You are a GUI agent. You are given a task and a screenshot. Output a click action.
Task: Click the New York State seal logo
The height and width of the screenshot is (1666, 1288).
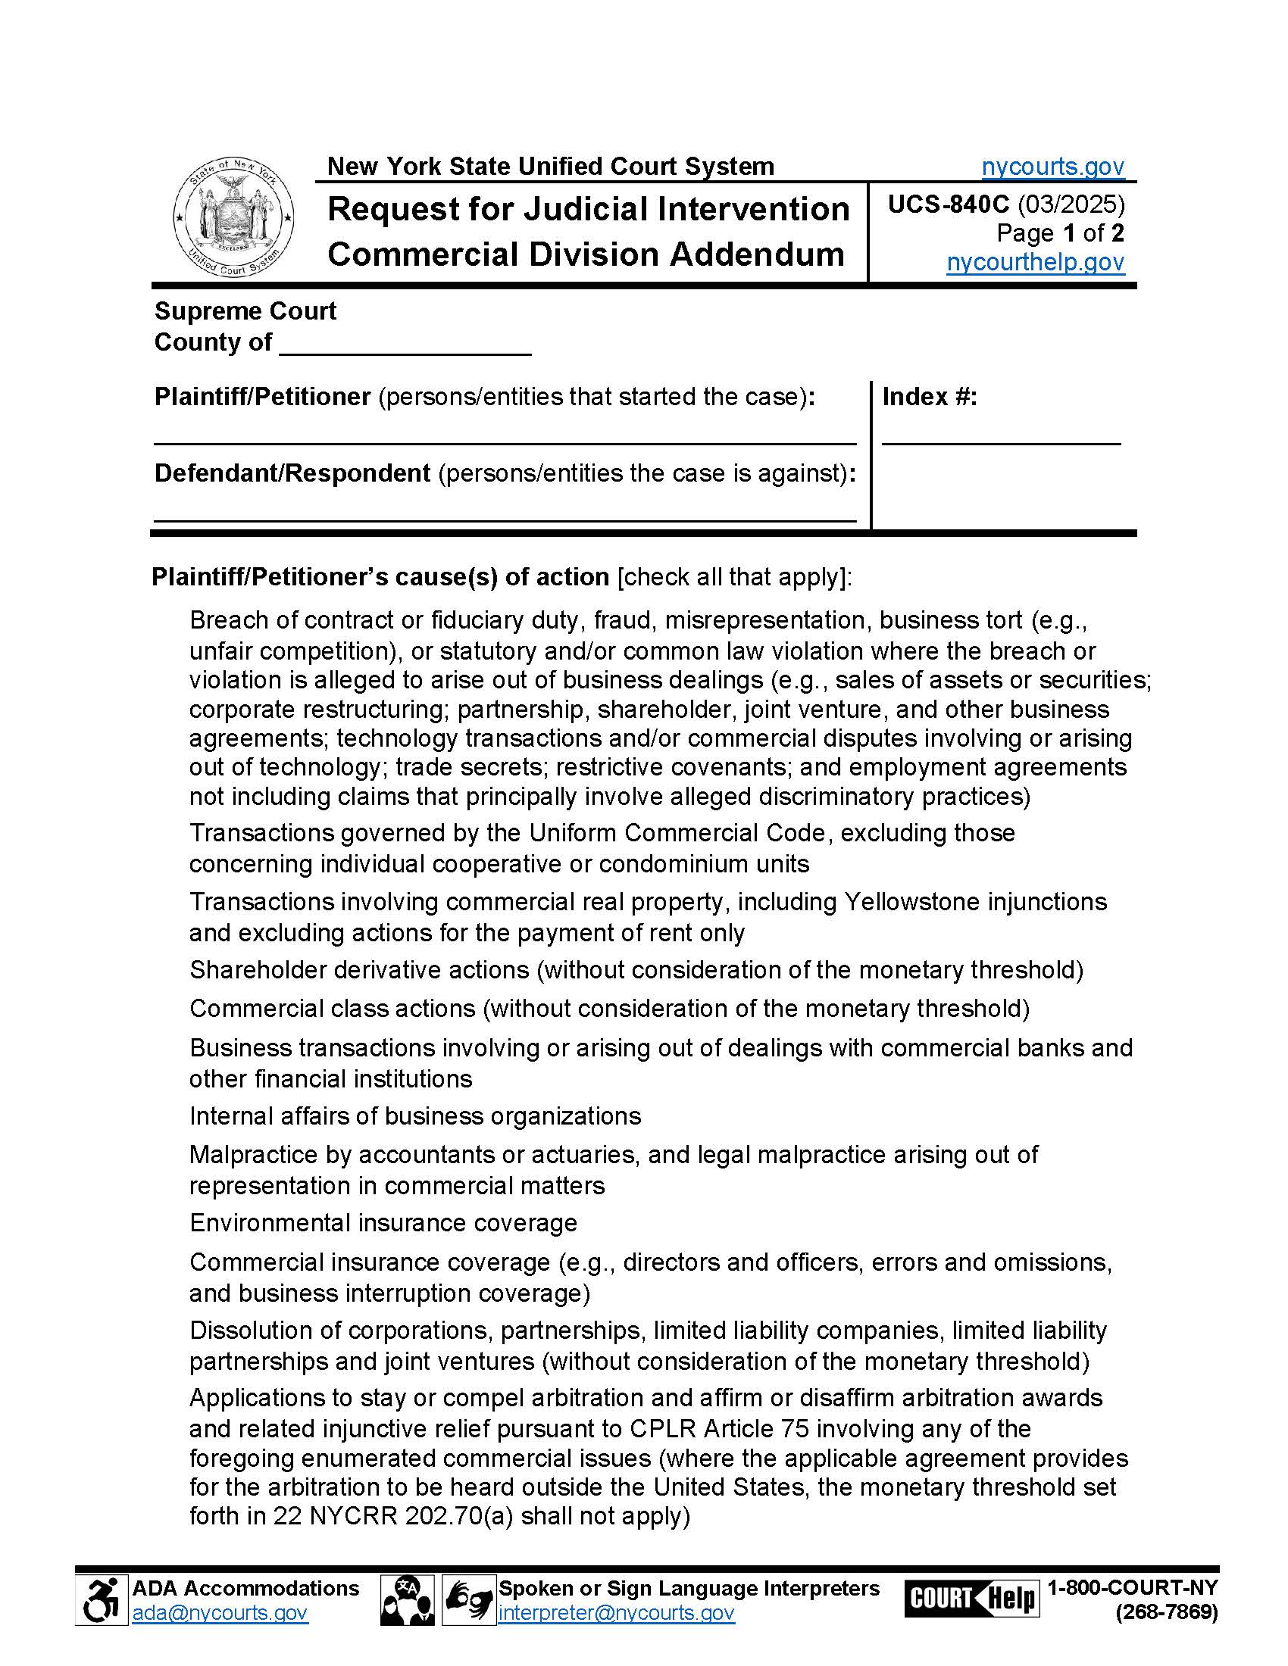[233, 219]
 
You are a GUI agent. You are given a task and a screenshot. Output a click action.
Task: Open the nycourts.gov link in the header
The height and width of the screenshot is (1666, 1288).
[1052, 167]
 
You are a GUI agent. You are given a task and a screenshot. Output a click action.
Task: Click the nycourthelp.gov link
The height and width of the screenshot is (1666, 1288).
[1035, 262]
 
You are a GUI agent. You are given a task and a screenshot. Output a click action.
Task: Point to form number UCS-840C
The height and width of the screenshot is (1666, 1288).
[948, 204]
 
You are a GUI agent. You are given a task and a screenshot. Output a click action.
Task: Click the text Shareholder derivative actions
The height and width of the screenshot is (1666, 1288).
[358, 969]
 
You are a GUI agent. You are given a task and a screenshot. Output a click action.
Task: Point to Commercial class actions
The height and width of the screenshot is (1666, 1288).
[332, 1009]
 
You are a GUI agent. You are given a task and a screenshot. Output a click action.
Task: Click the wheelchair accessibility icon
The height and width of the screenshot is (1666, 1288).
[102, 1599]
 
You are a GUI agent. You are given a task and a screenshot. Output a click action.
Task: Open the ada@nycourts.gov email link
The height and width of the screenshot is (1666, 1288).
[220, 1612]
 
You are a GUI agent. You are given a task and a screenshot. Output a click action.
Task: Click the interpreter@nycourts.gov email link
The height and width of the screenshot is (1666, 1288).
[616, 1612]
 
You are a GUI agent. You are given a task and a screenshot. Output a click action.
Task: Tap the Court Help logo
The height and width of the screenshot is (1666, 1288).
[971, 1598]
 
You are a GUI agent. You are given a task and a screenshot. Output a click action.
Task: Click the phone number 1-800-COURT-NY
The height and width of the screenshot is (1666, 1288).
[1132, 1587]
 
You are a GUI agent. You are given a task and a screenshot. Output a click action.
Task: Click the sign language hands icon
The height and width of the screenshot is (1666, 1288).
[468, 1599]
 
